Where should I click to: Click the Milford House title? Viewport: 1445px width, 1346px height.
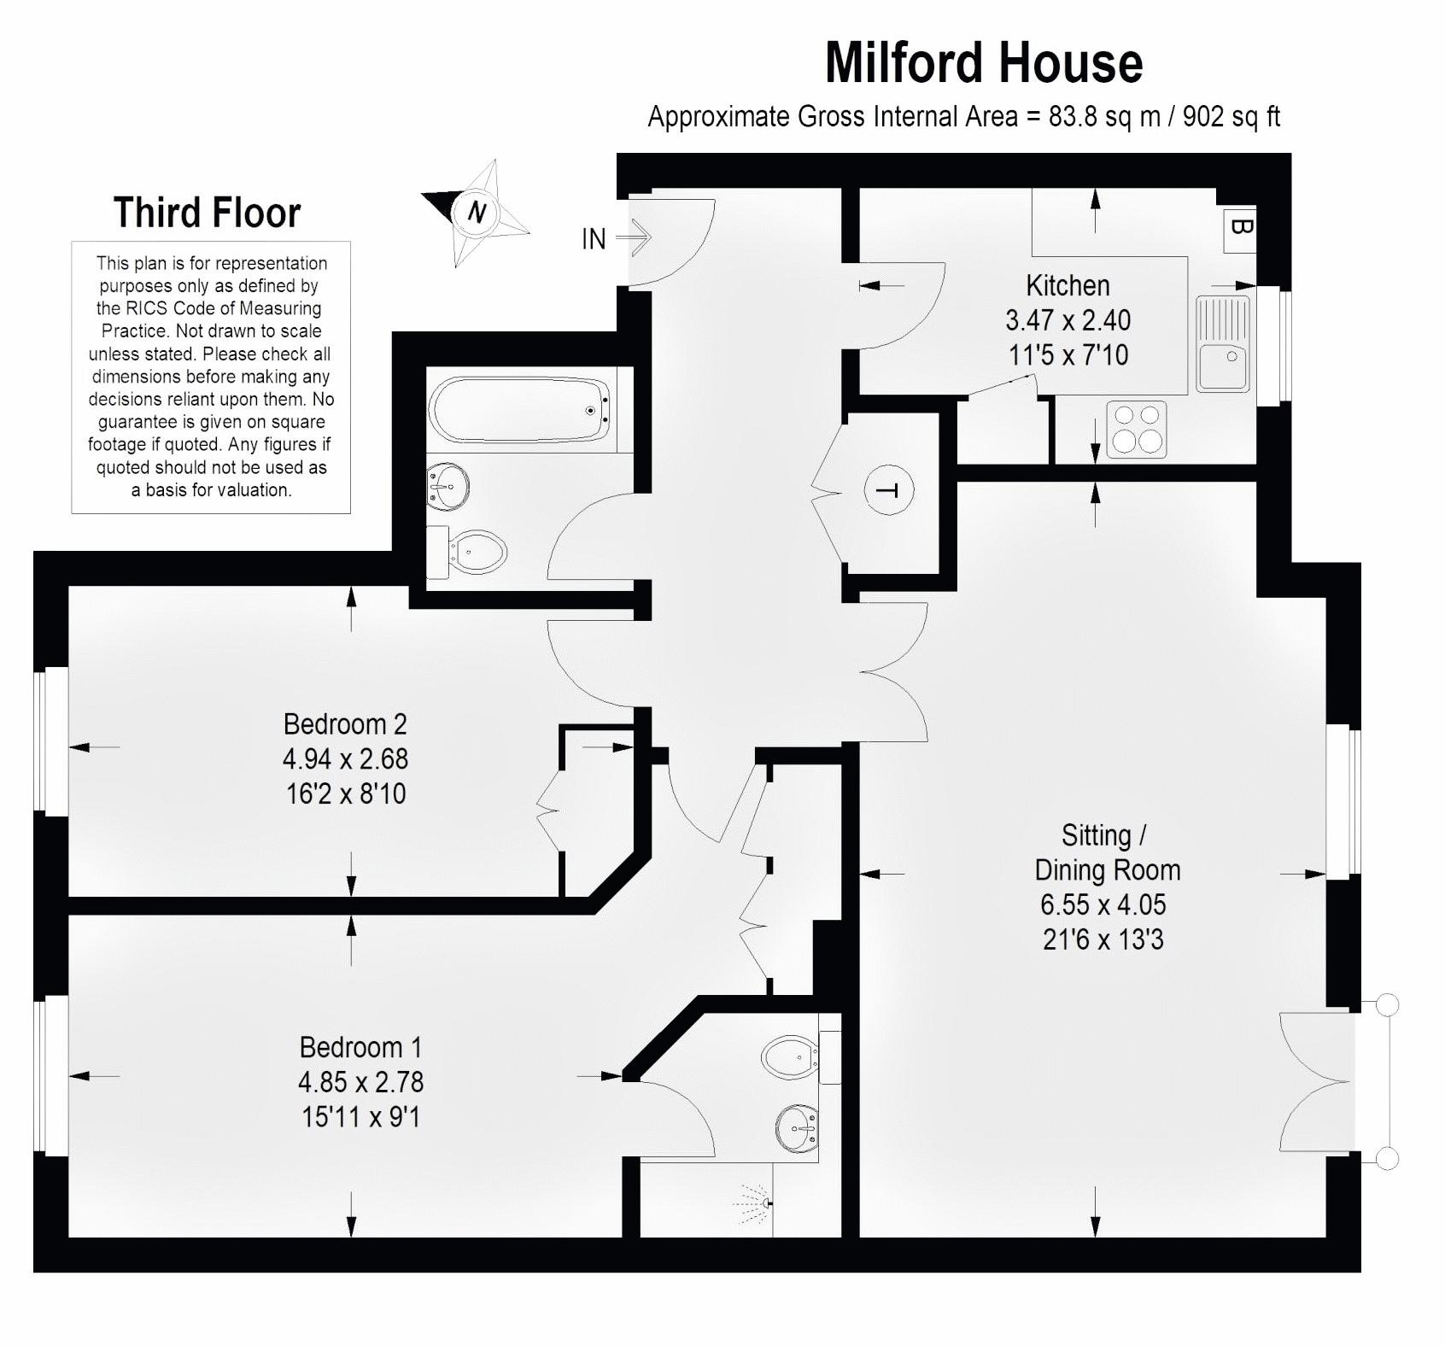(x=984, y=62)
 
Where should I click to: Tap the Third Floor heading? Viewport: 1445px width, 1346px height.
(x=208, y=213)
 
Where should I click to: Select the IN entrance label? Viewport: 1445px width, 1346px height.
(x=594, y=239)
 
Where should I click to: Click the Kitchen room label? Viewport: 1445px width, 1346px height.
(x=1068, y=284)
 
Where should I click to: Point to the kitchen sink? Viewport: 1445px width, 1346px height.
(x=1222, y=343)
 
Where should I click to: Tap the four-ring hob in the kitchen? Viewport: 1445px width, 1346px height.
(x=1137, y=429)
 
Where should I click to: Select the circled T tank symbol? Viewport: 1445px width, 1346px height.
(x=889, y=490)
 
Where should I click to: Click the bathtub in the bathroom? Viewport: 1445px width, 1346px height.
(x=520, y=410)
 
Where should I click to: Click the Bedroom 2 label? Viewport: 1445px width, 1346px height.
(x=345, y=724)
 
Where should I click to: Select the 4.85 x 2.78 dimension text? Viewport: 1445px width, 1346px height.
(x=360, y=1082)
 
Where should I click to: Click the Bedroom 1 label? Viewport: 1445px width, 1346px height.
(x=360, y=1047)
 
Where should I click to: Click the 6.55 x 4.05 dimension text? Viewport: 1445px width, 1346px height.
(x=1103, y=904)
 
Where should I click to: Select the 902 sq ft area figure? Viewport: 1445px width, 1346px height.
(x=1231, y=116)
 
